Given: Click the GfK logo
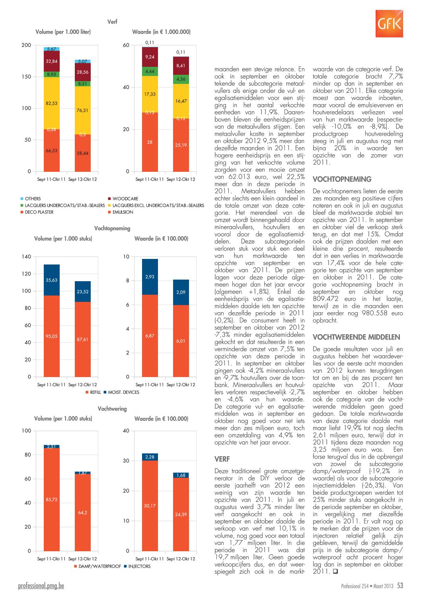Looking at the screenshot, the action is pos(389,23).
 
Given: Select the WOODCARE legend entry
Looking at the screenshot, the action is pos(123,199).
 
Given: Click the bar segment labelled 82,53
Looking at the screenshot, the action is pos(52,103).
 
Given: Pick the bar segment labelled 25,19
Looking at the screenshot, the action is pos(181,145).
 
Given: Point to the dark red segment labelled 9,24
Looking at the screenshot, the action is pos(150,57).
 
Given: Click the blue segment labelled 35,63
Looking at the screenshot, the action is pos(52,280).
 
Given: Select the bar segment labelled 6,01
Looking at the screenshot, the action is pos(181,341).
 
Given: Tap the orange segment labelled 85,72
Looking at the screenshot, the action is pos(52,500).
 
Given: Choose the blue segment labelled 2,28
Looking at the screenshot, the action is pos(150,457).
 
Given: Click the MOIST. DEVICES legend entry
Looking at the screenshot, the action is pos(121,392).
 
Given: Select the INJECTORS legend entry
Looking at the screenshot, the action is pos(137,566).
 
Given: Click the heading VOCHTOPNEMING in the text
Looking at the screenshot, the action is pos(342,179).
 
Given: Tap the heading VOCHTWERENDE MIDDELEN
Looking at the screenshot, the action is pos(356,337).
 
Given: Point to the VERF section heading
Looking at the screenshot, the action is pos(222,459).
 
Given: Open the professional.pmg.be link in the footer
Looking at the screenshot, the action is pos(41,585).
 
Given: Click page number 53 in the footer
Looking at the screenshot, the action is pos(400,585).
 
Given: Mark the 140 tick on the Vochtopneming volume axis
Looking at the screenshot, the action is pos(26,257).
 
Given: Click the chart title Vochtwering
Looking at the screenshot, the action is pos(112,408).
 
